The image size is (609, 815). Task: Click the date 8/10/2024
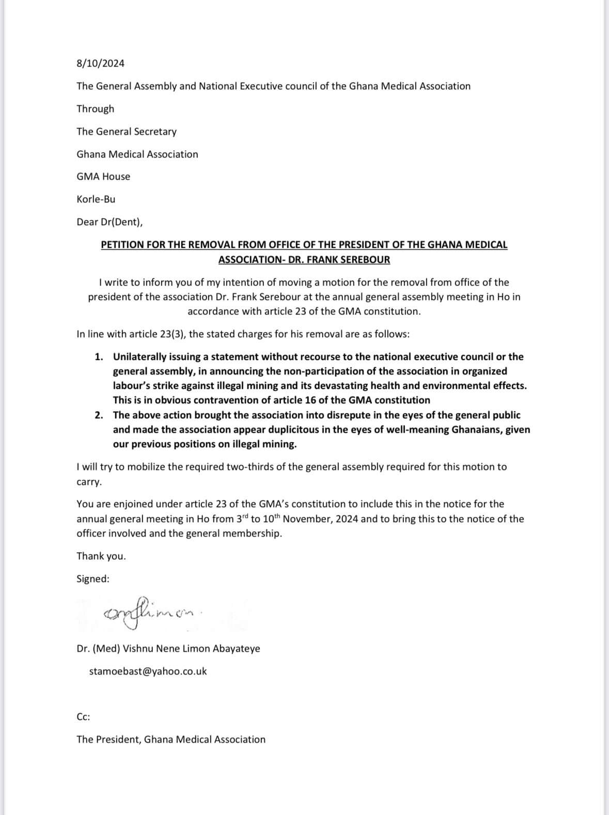[100, 64]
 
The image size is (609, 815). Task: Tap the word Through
[95, 109]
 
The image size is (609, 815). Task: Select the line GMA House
[103, 177]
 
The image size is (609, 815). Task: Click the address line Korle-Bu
[96, 199]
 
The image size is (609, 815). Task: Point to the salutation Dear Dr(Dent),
[110, 222]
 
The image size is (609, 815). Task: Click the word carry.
[89, 482]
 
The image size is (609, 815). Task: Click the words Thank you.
[101, 556]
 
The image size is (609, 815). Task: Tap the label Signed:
[93, 579]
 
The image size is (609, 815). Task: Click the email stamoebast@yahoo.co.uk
[148, 671]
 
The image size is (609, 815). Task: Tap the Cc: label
[83, 717]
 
